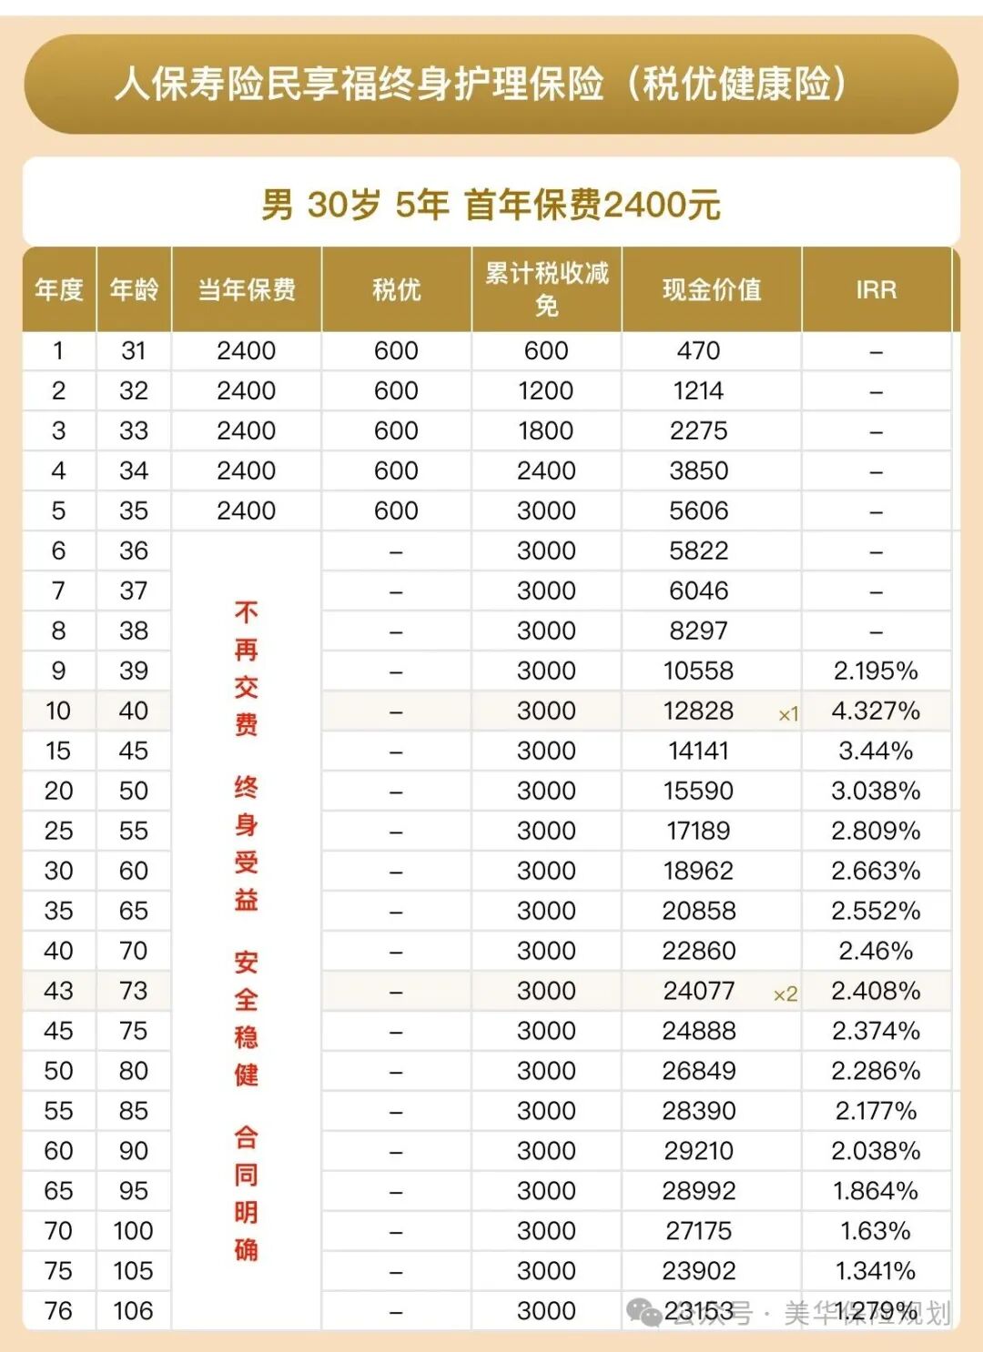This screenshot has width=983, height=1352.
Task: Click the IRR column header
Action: [x=876, y=289]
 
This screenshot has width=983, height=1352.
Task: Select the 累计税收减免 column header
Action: [x=546, y=288]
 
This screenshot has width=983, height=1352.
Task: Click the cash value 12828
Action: [x=698, y=711]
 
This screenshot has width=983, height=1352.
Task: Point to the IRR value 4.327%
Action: [x=876, y=711]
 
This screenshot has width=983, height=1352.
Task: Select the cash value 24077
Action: [x=698, y=991]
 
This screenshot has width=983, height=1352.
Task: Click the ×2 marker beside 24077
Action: [x=785, y=994]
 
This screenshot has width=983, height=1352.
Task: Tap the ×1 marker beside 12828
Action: [x=788, y=714]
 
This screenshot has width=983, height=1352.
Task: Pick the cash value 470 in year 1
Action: [x=698, y=350]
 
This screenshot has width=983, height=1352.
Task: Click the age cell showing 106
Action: [x=133, y=1311]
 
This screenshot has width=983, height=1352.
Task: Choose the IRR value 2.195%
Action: [x=876, y=671]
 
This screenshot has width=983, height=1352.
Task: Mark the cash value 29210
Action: [x=698, y=1151]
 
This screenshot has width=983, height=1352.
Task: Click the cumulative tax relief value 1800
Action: [x=546, y=430]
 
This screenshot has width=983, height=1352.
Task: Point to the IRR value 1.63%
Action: [x=876, y=1231]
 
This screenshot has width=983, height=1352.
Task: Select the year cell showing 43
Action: [x=58, y=991]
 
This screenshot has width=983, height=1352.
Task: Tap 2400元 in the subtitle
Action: [x=662, y=205]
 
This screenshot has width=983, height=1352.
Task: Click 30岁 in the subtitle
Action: [x=344, y=205]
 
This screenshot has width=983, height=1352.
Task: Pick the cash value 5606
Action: [x=698, y=510]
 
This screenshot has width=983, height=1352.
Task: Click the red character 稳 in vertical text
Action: [x=246, y=1037]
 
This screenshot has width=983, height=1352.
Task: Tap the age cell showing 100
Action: [x=133, y=1231]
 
